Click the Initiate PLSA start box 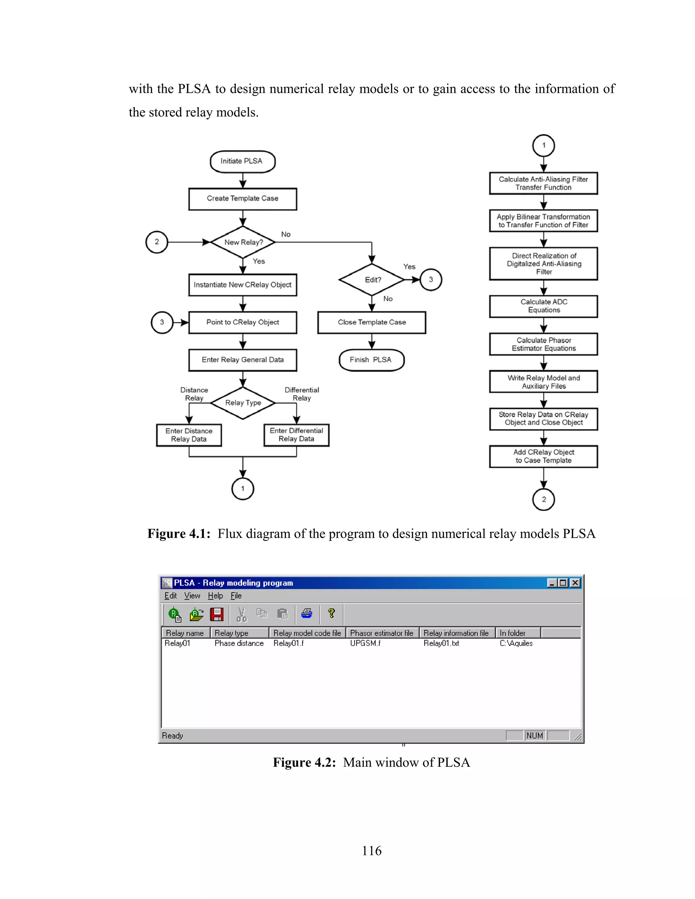coord(243,161)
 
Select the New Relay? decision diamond coord(243,242)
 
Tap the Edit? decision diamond coord(372,280)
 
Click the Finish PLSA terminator coord(371,360)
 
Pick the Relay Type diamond coord(243,403)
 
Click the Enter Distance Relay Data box coord(189,435)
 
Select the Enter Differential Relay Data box coord(297,435)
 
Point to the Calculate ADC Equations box coord(544,306)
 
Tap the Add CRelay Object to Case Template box coord(544,456)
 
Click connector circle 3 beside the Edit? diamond coord(431,280)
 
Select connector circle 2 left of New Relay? coord(157,242)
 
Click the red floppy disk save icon coord(217,614)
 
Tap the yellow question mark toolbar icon coord(332,613)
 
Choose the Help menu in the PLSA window coord(215,596)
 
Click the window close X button coord(575,583)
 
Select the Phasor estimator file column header coord(382,633)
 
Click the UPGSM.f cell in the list coord(365,643)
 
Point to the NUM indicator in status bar coord(534,735)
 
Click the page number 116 coord(371,850)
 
